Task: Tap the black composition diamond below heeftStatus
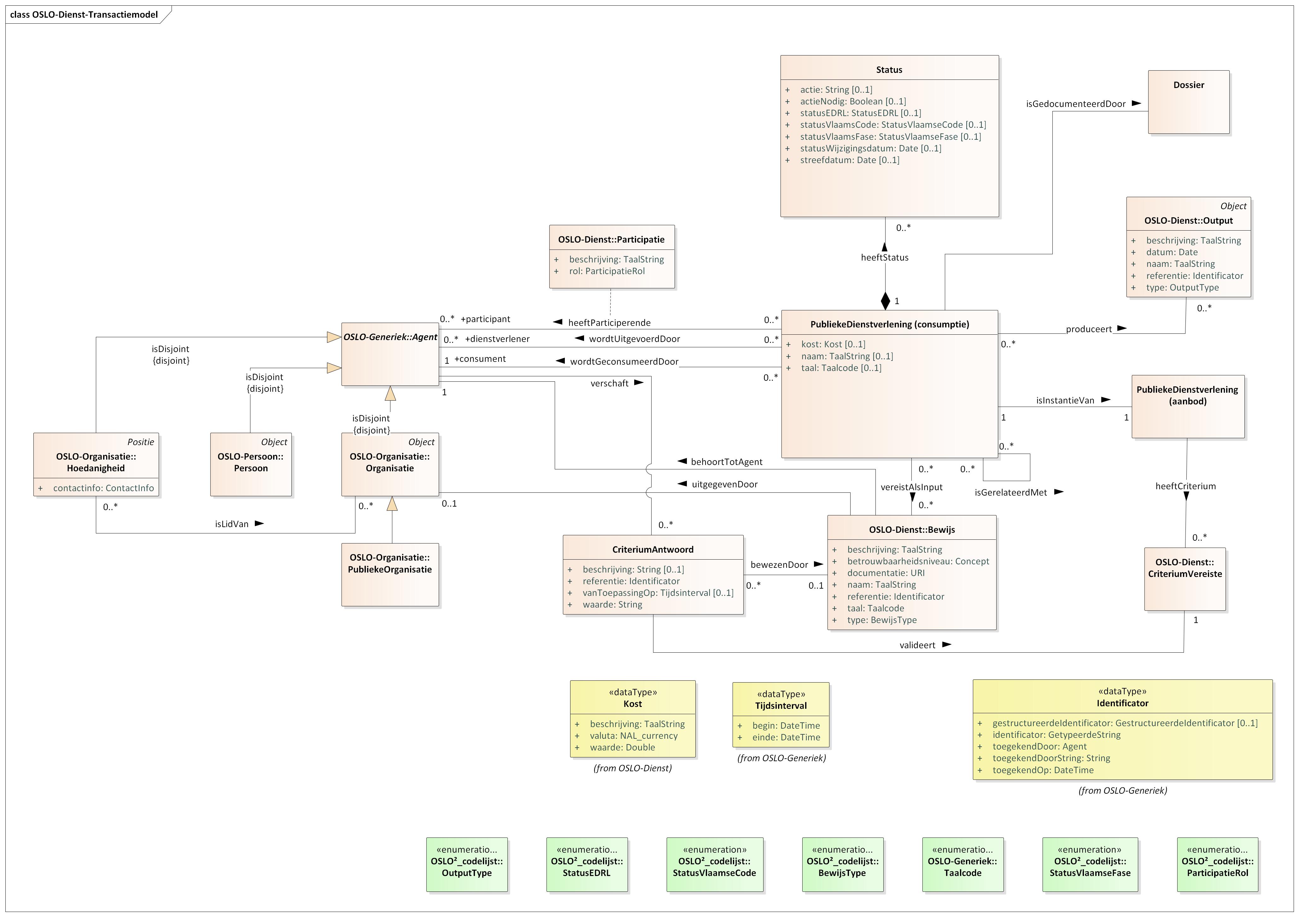pyautogui.click(x=886, y=301)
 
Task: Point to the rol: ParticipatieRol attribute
pyautogui.click(x=606, y=271)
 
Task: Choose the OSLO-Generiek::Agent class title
pyautogui.click(x=390, y=337)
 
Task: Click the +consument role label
pyautogui.click(x=480, y=359)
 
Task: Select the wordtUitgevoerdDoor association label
pyautogui.click(x=634, y=339)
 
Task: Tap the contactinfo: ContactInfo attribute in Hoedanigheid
pyautogui.click(x=103, y=488)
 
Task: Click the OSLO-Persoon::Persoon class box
pyautogui.click(x=251, y=464)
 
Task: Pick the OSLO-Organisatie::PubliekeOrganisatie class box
pyautogui.click(x=390, y=574)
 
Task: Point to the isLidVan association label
pyautogui.click(x=231, y=524)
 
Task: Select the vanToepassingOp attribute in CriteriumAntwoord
pyautogui.click(x=658, y=593)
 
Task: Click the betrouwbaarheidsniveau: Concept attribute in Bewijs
pyautogui.click(x=918, y=561)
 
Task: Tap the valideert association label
pyautogui.click(x=917, y=645)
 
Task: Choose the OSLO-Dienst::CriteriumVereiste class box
pyautogui.click(x=1185, y=579)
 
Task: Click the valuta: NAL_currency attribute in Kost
pyautogui.click(x=633, y=736)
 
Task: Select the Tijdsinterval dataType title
pyautogui.click(x=781, y=706)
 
